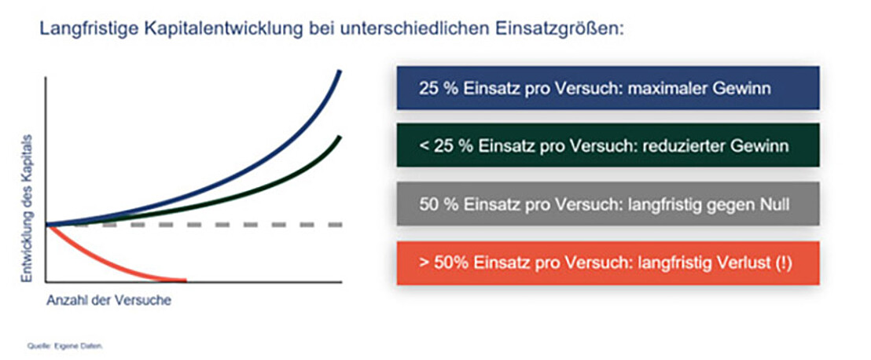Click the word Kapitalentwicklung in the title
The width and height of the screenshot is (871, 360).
(x=226, y=28)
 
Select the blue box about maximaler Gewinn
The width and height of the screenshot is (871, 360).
(x=608, y=88)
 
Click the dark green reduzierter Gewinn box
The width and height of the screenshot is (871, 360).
(x=608, y=145)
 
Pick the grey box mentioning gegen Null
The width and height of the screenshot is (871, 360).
(x=608, y=204)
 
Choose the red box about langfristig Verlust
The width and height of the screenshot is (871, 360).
(x=608, y=263)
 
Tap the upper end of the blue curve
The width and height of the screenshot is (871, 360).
(x=340, y=71)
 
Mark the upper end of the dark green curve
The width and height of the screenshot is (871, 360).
(x=340, y=137)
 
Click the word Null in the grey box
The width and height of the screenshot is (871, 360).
(x=774, y=204)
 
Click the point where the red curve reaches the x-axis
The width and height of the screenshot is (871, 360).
(x=186, y=281)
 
